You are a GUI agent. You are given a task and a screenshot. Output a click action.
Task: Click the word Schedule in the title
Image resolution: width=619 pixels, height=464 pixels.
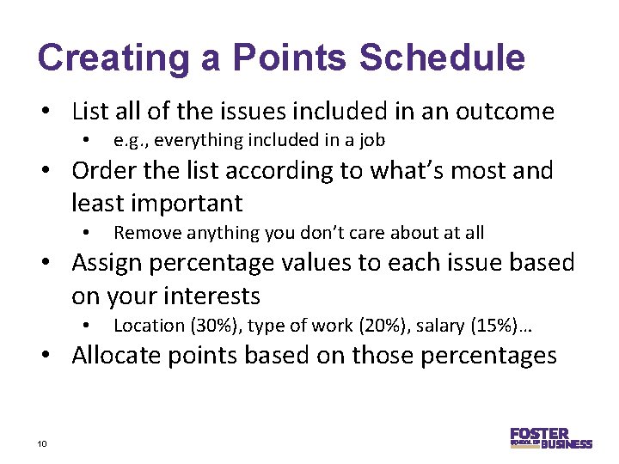(442, 58)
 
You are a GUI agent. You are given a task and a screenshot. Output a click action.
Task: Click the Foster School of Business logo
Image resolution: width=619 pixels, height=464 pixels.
(550, 438)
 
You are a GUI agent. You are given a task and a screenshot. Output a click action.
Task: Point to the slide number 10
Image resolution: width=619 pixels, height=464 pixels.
(41, 443)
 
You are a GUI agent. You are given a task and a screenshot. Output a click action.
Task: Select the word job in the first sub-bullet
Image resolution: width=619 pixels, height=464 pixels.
(371, 140)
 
